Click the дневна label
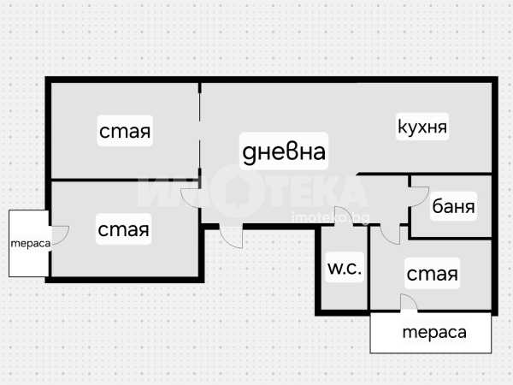pos(284,151)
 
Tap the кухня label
pos(422,127)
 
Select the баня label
pos(453,206)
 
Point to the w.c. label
pos(345,269)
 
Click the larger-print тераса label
pos(434,332)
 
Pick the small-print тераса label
pos(31,243)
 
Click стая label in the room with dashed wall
pos(125,131)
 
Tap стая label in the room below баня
pos(432,274)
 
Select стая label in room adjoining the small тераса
pos(123,229)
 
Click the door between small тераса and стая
pos(59,235)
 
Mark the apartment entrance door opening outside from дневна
pos(231,236)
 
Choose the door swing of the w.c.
pos(345,216)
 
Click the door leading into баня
pos(419,197)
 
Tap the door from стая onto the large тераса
pos(409,303)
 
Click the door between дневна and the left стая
pos(191,198)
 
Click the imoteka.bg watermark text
pos(330,217)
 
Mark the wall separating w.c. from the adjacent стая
pos(369,268)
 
